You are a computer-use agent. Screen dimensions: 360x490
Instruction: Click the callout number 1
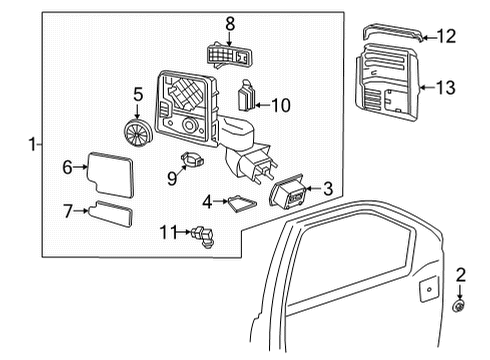coord(34,145)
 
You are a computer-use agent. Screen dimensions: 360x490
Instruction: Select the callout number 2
coord(461,273)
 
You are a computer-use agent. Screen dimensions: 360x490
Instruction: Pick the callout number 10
coord(282,103)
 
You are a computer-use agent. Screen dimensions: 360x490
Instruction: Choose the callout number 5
coord(138,96)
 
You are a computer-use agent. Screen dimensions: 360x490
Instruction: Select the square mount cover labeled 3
coord(289,196)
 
